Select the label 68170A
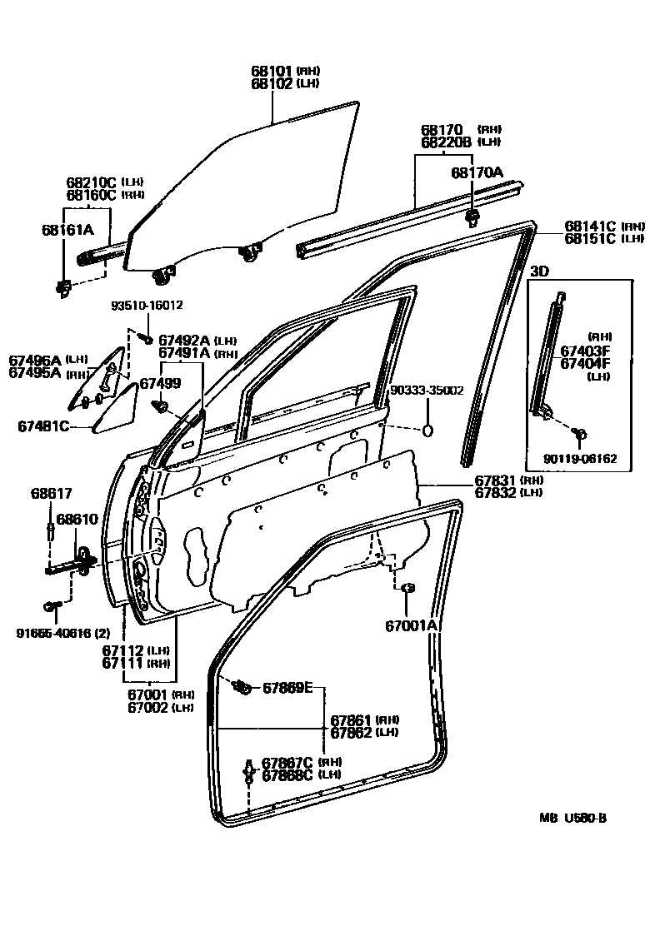click(x=477, y=172)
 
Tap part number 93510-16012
click(x=147, y=306)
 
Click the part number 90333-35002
click(x=427, y=390)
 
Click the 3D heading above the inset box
click(x=539, y=271)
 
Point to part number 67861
click(x=351, y=719)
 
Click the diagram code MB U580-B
click(x=572, y=817)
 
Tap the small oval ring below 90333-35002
click(x=428, y=430)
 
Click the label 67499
click(x=159, y=383)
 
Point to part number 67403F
click(x=584, y=351)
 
